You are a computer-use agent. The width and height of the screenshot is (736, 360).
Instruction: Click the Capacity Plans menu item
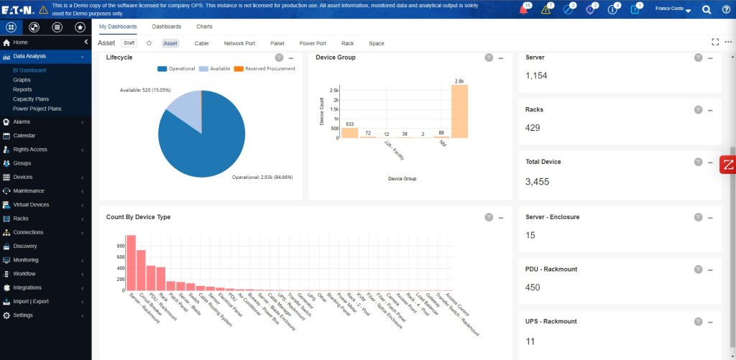tap(31, 98)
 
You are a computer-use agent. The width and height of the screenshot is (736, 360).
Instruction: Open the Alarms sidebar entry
tap(22, 121)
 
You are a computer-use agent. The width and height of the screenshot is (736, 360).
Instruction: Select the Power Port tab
tap(313, 43)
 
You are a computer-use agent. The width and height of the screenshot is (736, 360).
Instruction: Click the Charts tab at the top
tap(204, 27)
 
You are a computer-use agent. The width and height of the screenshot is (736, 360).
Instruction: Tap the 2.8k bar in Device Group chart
tap(459, 111)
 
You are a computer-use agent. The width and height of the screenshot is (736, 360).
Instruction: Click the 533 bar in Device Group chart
tap(349, 133)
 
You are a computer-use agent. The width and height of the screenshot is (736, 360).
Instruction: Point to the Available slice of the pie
tap(185, 109)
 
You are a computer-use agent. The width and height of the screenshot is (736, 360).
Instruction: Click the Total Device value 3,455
tap(538, 182)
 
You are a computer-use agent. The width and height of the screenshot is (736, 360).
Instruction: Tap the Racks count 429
tap(533, 127)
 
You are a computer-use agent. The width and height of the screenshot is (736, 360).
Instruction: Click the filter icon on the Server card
tap(698, 57)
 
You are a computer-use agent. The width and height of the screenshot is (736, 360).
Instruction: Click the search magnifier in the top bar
tap(706, 9)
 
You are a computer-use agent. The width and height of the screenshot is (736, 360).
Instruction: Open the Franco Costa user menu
tap(673, 9)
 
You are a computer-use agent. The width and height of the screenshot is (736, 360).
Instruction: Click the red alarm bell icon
tap(523, 9)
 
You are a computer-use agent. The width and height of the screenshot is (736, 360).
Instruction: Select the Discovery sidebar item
tap(24, 246)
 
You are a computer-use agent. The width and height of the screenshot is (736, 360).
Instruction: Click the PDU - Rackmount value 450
tap(533, 287)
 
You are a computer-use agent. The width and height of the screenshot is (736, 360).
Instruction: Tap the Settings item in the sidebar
tap(23, 315)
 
